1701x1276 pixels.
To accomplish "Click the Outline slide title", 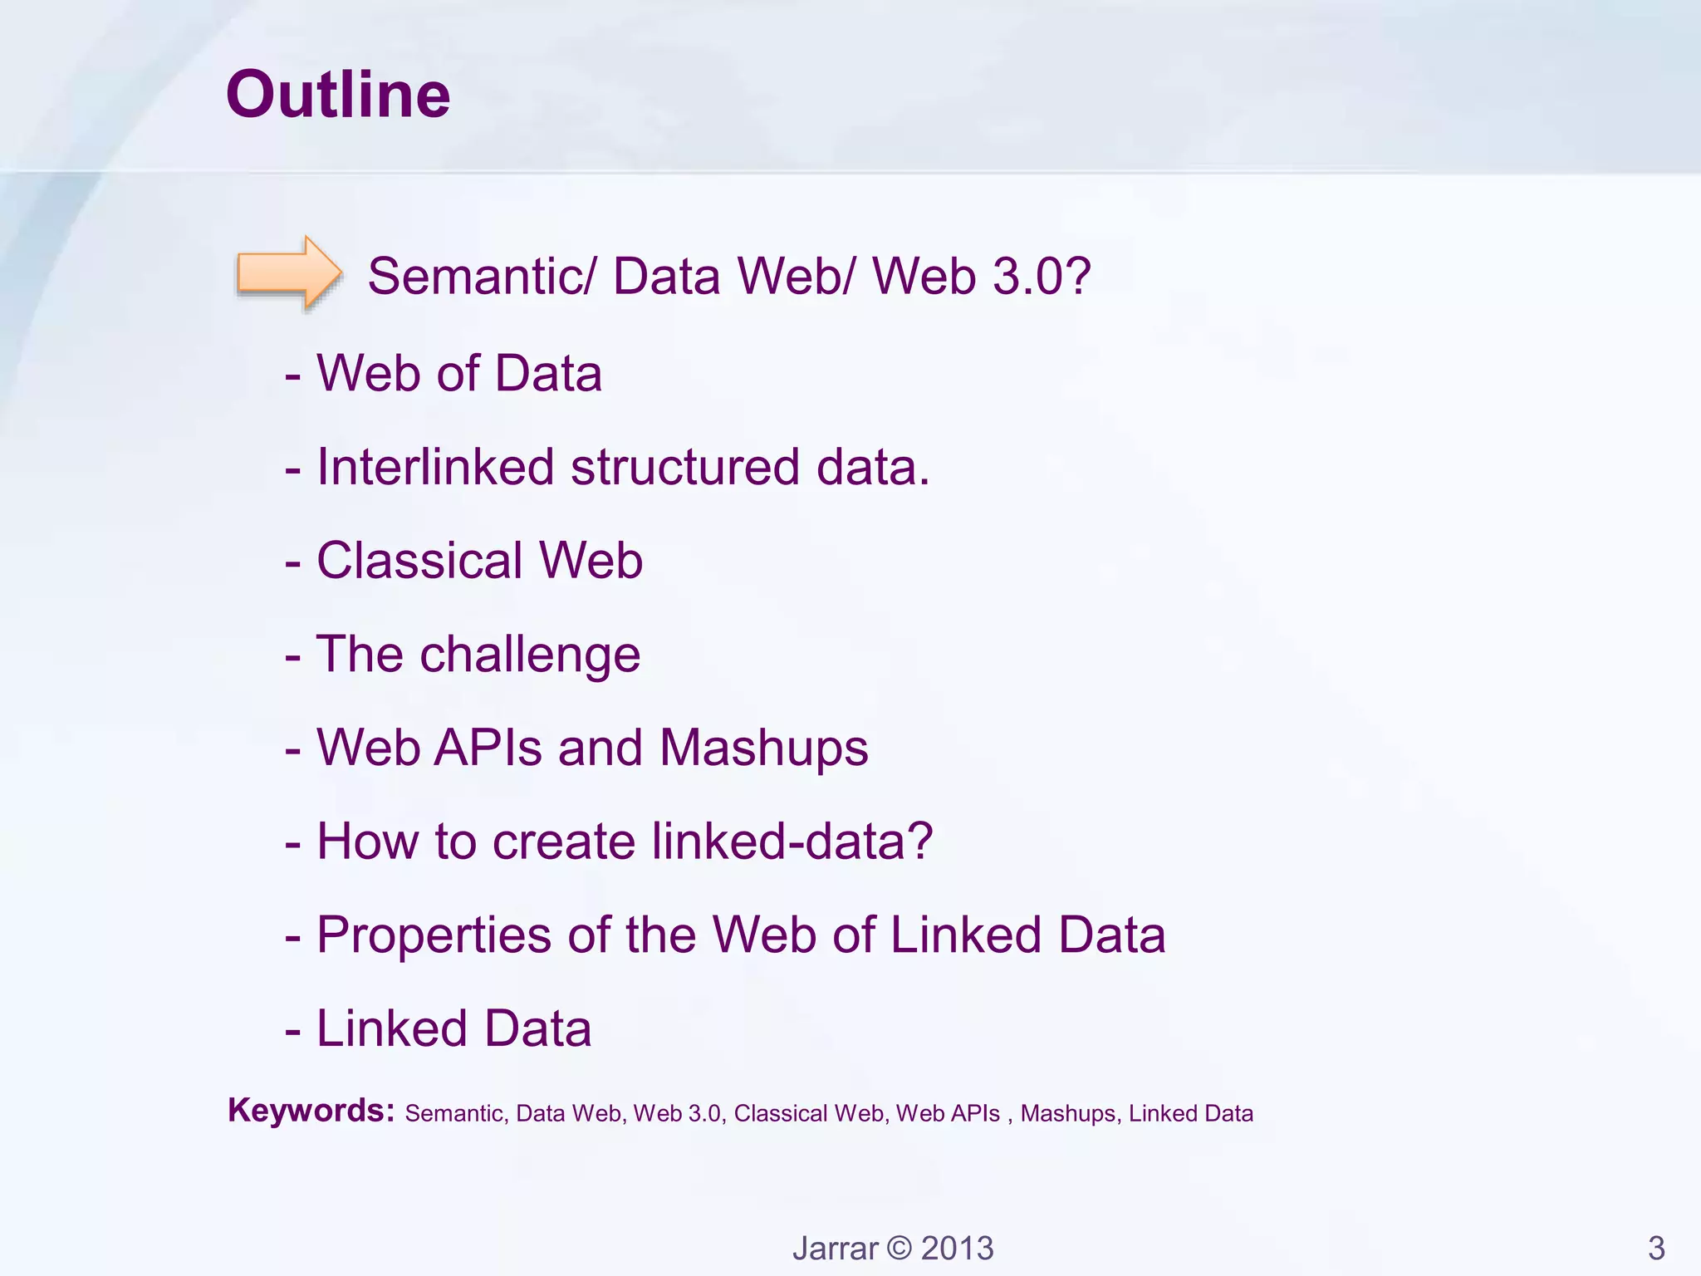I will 338,95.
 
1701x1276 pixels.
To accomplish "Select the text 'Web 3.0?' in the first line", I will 981,276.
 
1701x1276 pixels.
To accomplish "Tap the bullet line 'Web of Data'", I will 458,373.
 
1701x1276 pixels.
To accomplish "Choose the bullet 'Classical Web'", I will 479,561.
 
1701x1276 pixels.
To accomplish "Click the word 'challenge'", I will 530,655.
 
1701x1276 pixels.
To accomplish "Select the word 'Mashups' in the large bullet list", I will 763,748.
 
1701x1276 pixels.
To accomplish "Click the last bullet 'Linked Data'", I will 453,1029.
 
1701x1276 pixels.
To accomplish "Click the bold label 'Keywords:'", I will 311,1111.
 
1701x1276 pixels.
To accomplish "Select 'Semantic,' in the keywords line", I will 456,1114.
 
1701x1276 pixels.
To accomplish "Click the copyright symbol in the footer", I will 899,1249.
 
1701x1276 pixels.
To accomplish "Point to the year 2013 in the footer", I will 957,1249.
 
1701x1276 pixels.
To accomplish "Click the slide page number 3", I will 1656,1249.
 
